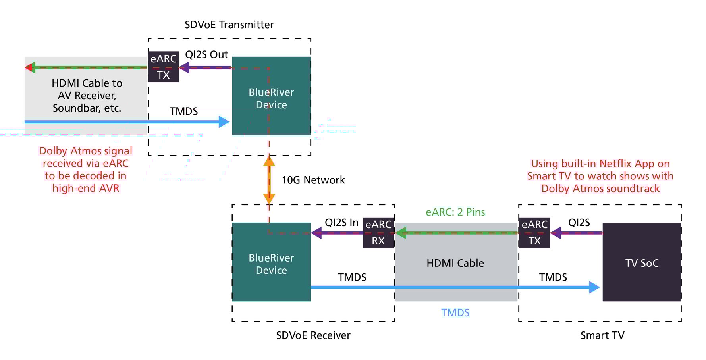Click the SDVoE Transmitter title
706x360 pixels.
tap(229, 25)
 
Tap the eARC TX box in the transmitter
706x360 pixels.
tap(163, 67)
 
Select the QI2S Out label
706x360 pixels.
tap(206, 55)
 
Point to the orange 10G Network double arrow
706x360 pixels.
tap(269, 180)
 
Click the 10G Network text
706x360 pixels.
tap(313, 180)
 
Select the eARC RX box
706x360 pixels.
tap(378, 233)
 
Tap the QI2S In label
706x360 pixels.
tap(341, 223)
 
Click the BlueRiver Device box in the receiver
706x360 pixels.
tap(271, 264)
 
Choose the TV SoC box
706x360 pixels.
tap(642, 263)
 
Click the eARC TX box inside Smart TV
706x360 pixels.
tap(534, 233)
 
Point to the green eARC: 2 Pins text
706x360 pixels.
tap(455, 212)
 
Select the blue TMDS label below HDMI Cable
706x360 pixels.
tap(455, 313)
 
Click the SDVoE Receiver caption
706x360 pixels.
tap(313, 335)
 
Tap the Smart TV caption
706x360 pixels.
tap(602, 335)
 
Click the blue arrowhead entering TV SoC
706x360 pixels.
tap(594, 287)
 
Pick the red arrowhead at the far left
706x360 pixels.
tap(28, 67)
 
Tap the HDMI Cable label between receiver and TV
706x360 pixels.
tap(455, 263)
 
